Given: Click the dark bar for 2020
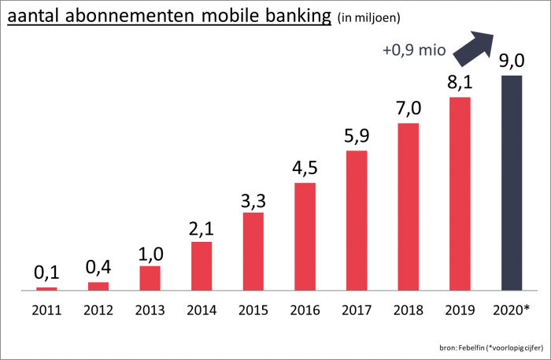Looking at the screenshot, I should tap(512, 183).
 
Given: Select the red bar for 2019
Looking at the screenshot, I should tap(460, 194).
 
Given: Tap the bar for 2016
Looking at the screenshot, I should tap(305, 236).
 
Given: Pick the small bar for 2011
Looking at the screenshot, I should tap(46, 288).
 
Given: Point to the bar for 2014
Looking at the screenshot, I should tap(202, 265).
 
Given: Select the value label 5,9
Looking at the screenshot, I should tap(357, 135).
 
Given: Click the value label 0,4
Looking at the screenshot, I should tap(98, 267).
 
